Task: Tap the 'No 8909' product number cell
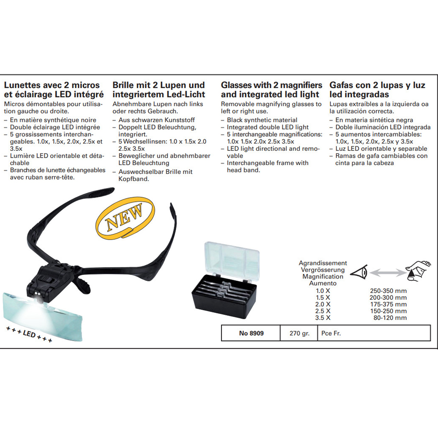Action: (x=251, y=333)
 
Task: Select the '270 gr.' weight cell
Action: (x=299, y=333)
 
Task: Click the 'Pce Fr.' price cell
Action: (x=374, y=333)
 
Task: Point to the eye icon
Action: (x=359, y=272)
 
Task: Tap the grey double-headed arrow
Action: (x=387, y=272)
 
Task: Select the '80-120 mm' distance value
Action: (x=390, y=318)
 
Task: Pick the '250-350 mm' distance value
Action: (x=388, y=291)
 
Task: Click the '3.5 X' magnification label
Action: (x=323, y=318)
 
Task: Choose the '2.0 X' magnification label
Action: (x=323, y=304)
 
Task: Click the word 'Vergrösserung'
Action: (x=323, y=270)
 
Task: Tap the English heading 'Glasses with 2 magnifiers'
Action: (x=272, y=85)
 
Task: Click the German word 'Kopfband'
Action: (x=133, y=179)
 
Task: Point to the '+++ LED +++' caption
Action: (x=29, y=334)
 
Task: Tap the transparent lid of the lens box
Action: (x=232, y=261)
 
